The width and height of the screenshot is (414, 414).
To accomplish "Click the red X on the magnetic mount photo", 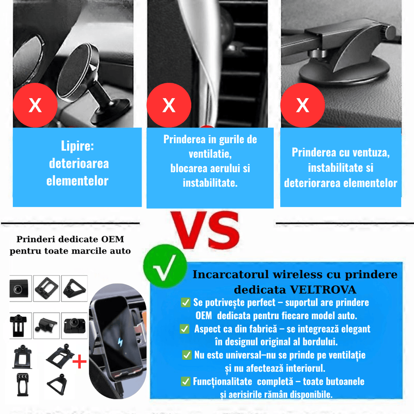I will (35, 105).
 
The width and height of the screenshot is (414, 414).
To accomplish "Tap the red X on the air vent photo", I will (169, 105).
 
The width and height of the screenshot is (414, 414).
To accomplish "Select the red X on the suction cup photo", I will (302, 105).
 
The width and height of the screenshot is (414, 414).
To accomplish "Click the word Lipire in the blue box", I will (77, 146).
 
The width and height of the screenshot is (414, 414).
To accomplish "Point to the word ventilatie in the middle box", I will (210, 154).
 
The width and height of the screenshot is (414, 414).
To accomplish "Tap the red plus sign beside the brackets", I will (80, 362).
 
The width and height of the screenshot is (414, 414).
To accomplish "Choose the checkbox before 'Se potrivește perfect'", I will (186, 302).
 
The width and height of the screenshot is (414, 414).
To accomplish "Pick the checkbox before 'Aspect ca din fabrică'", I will (184, 329).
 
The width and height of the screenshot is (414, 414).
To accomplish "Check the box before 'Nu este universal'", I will (187, 355).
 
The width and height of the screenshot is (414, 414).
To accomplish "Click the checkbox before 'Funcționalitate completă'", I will (186, 381).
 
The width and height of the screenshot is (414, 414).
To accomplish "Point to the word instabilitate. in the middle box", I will (210, 183).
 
